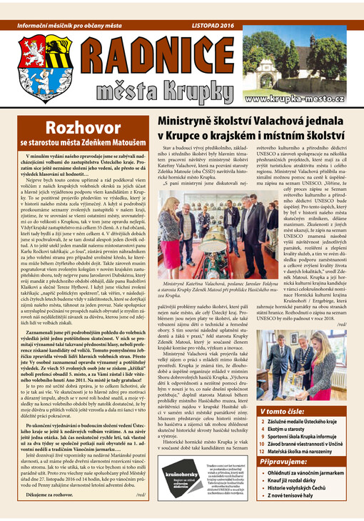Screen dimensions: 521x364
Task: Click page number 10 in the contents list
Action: (264, 445)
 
